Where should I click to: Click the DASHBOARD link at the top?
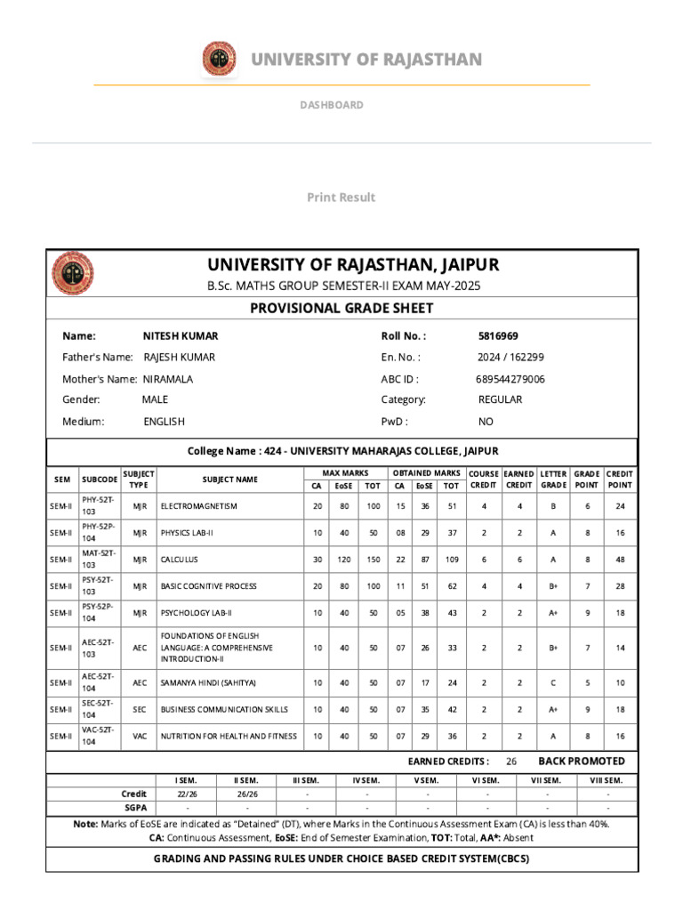point(331,105)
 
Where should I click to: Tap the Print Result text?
point(341,198)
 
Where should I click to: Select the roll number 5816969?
point(498,336)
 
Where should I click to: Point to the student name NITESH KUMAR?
point(181,336)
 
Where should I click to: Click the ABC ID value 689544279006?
point(510,379)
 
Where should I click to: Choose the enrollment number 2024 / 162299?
point(510,358)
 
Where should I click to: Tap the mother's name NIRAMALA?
point(168,379)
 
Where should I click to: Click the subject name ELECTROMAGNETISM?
point(198,506)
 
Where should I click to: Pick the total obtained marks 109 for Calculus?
point(452,560)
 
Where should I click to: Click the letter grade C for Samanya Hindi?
point(553,683)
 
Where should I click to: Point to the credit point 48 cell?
point(620,560)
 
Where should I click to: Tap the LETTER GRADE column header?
point(553,480)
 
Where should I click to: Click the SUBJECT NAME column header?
point(229,480)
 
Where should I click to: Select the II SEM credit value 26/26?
point(246,794)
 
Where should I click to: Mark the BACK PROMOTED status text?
point(582,762)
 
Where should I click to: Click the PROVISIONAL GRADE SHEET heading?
point(341,309)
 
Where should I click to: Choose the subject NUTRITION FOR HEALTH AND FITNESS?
point(229,737)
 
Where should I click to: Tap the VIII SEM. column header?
point(607,780)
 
